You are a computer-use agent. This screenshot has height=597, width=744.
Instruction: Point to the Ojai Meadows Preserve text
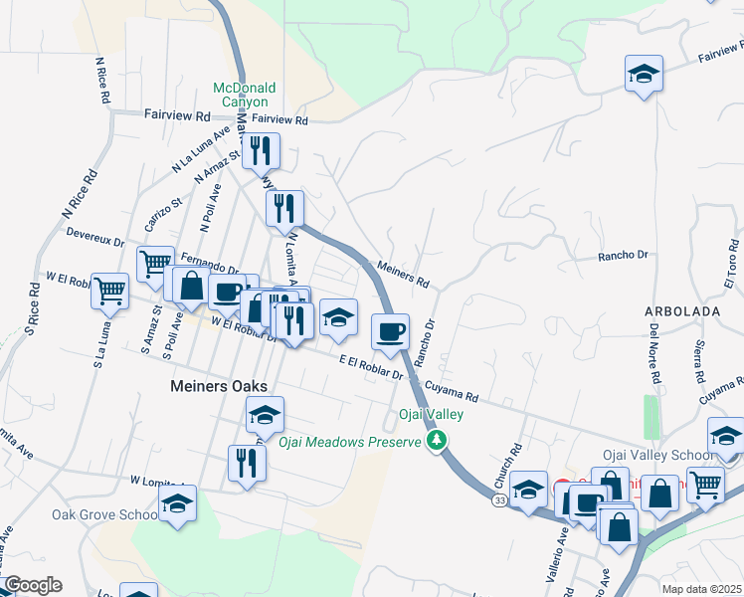point(350,442)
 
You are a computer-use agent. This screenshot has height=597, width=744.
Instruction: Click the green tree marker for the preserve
point(435,440)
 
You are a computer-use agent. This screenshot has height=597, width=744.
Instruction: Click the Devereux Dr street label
point(94,241)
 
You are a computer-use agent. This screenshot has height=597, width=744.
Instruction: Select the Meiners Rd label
point(403,274)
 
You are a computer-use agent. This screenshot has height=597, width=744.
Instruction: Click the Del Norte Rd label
point(654,353)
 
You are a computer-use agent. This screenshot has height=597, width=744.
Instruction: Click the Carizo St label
point(164,216)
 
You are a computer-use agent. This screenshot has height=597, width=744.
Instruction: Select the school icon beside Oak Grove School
point(177,505)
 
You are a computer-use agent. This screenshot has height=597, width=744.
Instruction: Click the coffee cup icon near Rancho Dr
point(389,330)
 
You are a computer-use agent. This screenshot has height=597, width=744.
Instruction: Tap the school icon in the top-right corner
point(644,75)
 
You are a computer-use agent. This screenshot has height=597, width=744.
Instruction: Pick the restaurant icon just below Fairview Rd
point(262,151)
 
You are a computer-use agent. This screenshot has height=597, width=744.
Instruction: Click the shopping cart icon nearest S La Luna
point(109,291)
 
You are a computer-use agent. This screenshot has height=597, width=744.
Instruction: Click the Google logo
point(32,585)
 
